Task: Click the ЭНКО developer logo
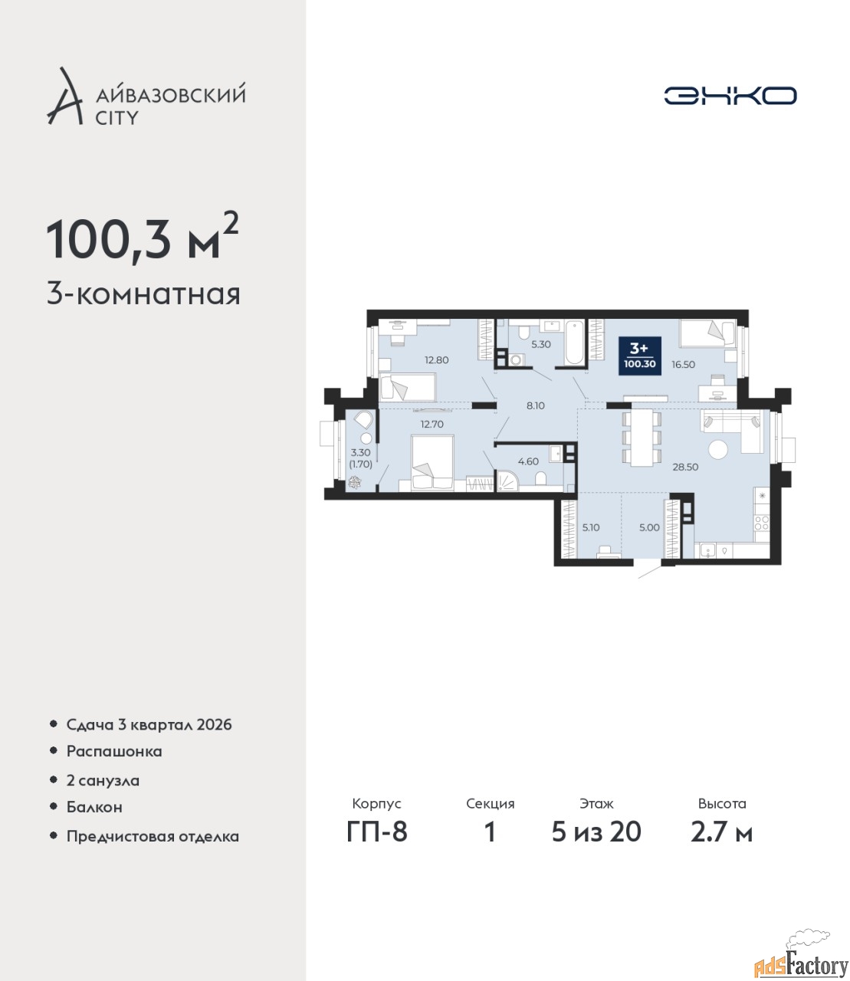click(x=730, y=95)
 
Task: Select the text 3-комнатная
click(x=143, y=295)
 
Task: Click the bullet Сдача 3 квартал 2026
click(x=149, y=725)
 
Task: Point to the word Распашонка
click(x=114, y=752)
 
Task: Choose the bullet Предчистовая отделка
click(x=153, y=836)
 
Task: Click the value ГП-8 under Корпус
click(x=377, y=832)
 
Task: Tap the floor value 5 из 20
click(x=596, y=832)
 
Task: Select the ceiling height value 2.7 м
click(x=721, y=832)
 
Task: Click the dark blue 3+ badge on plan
click(x=640, y=356)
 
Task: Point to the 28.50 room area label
click(x=685, y=467)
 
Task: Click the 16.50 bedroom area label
click(x=683, y=365)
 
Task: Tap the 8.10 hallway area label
click(x=535, y=405)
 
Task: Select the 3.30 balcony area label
click(x=361, y=453)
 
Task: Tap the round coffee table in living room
click(x=718, y=449)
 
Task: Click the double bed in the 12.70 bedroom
click(x=432, y=463)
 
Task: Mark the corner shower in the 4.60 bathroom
click(x=507, y=481)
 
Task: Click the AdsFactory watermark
click(x=801, y=960)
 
